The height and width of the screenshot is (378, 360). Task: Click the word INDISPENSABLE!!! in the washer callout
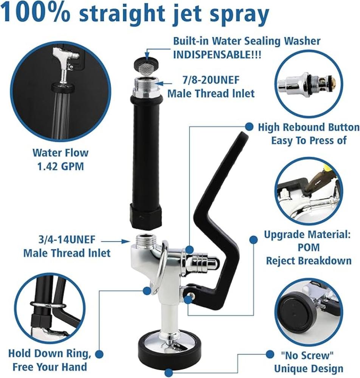point(217,55)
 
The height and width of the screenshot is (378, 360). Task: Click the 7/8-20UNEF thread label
point(211,80)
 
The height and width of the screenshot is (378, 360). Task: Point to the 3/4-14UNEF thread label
point(67,240)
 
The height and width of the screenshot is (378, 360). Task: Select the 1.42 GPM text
point(61,166)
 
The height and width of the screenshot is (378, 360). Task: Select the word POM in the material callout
point(309,247)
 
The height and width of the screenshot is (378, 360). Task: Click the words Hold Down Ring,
point(50,353)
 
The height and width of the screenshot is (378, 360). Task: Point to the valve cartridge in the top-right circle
point(310,85)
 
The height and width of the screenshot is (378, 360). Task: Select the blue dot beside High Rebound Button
point(249,126)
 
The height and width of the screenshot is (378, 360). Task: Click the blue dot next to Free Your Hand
point(99,354)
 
